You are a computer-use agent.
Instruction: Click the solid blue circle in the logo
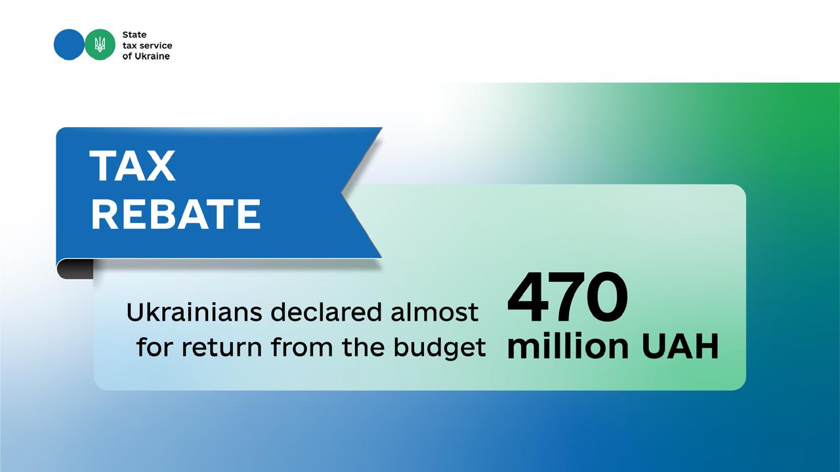coord(69,45)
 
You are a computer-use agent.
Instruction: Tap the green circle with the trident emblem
coord(100,45)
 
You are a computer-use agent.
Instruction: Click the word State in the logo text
coord(135,35)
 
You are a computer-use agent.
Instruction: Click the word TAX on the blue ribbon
coord(133,166)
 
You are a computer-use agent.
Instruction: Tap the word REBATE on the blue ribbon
coord(176,214)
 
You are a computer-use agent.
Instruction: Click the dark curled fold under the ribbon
coord(75,269)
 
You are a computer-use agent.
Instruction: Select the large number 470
coord(568,297)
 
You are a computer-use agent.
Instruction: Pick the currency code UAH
coord(680,347)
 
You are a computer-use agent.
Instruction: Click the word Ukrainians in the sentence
coord(194,312)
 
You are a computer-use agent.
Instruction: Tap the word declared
coord(326,312)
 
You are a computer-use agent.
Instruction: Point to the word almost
coord(434,312)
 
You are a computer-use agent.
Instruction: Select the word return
coord(222,347)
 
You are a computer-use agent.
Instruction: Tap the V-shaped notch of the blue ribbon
coord(342,193)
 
